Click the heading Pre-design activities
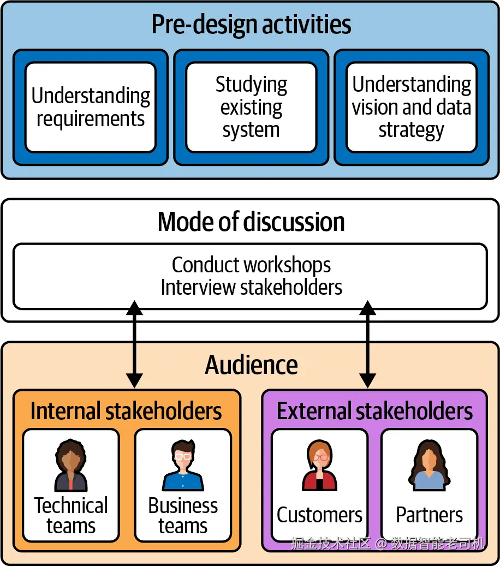tap(251, 25)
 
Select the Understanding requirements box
tap(91, 107)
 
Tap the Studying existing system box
tap(251, 107)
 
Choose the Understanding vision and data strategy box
tap(411, 107)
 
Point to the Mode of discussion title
tap(251, 222)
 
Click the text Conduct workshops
tap(251, 265)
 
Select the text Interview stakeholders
tap(251, 287)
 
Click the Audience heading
tap(251, 365)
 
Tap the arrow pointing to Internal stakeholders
tap(134, 343)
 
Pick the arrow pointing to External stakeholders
tap(367, 343)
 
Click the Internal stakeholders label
tap(126, 411)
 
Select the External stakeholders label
tap(374, 411)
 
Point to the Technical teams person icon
tap(71, 467)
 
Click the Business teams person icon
tap(183, 467)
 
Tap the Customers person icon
tap(319, 467)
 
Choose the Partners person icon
tap(429, 467)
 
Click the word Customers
tap(319, 515)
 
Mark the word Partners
tap(429, 515)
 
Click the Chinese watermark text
tap(388, 543)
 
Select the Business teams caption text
tap(183, 516)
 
